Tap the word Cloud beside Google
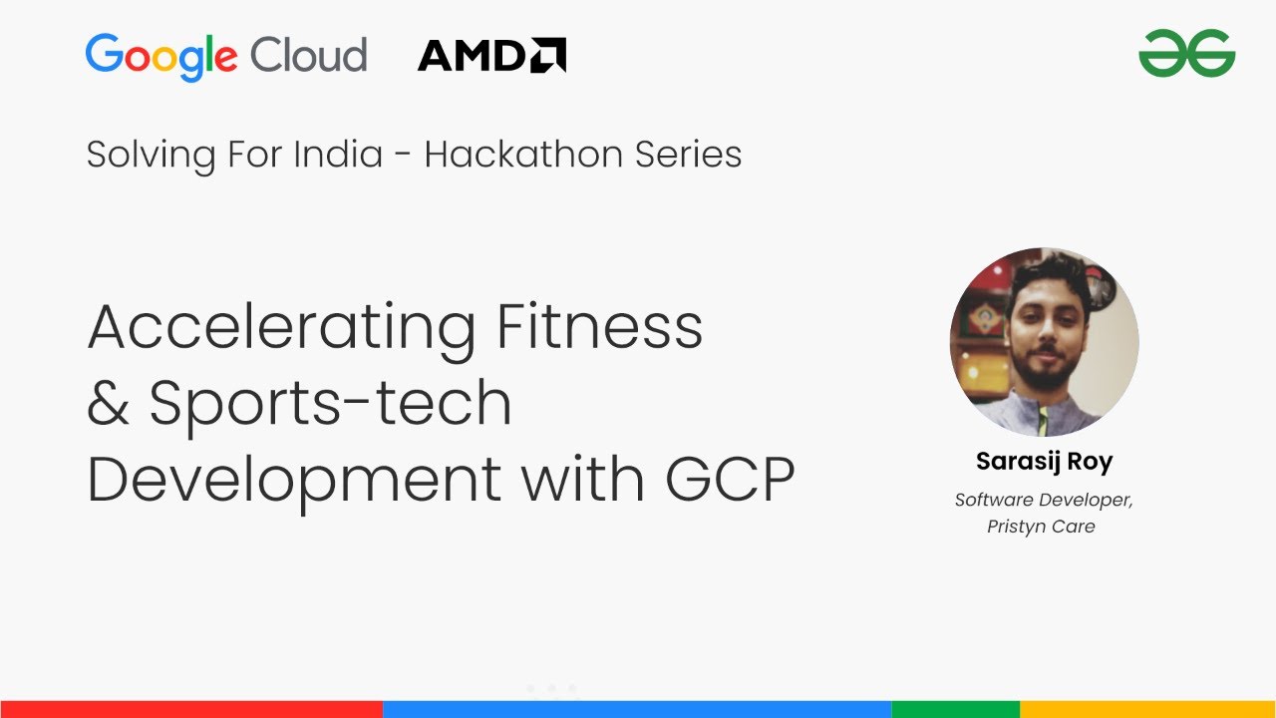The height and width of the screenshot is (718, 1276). [308, 54]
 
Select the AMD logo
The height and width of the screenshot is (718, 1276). [491, 55]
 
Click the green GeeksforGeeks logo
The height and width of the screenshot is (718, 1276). [1186, 53]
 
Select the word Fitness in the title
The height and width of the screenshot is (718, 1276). [599, 326]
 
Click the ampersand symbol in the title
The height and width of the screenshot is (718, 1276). [108, 404]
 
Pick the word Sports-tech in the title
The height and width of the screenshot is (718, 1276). [330, 404]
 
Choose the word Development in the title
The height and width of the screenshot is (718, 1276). [294, 480]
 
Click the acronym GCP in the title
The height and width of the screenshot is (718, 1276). [730, 480]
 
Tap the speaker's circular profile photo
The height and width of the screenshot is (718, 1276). [1044, 342]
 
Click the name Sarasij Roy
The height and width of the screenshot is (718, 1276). [1044, 462]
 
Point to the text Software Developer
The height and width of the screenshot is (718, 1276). [1044, 500]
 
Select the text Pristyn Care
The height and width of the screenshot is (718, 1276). [1041, 527]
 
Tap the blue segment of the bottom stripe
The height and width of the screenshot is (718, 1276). [637, 709]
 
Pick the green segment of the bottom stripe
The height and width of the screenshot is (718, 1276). [955, 709]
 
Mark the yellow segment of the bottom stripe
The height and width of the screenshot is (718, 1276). [1147, 709]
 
